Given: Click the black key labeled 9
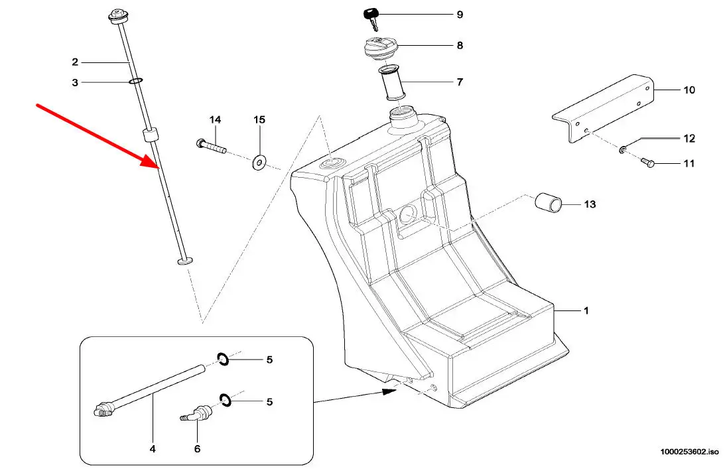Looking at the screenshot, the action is coord(371,17).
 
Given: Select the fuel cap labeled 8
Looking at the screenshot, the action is coord(379,48).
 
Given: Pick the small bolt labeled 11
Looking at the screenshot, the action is coord(647,163).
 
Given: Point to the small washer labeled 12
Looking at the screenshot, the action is coord(623,149).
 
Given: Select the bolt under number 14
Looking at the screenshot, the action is coord(212,145).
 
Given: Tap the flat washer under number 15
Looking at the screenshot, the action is coord(259,163).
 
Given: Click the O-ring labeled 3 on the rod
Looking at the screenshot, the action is coord(135,82).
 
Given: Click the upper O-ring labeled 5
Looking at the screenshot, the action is coord(223,359).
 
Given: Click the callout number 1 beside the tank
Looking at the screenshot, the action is coord(586,310).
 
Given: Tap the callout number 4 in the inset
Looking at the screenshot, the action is coord(153,448).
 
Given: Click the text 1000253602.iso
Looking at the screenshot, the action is coord(689,452).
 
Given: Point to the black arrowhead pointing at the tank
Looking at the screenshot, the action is coord(390,392).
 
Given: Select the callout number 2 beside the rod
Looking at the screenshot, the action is coord(75,62).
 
